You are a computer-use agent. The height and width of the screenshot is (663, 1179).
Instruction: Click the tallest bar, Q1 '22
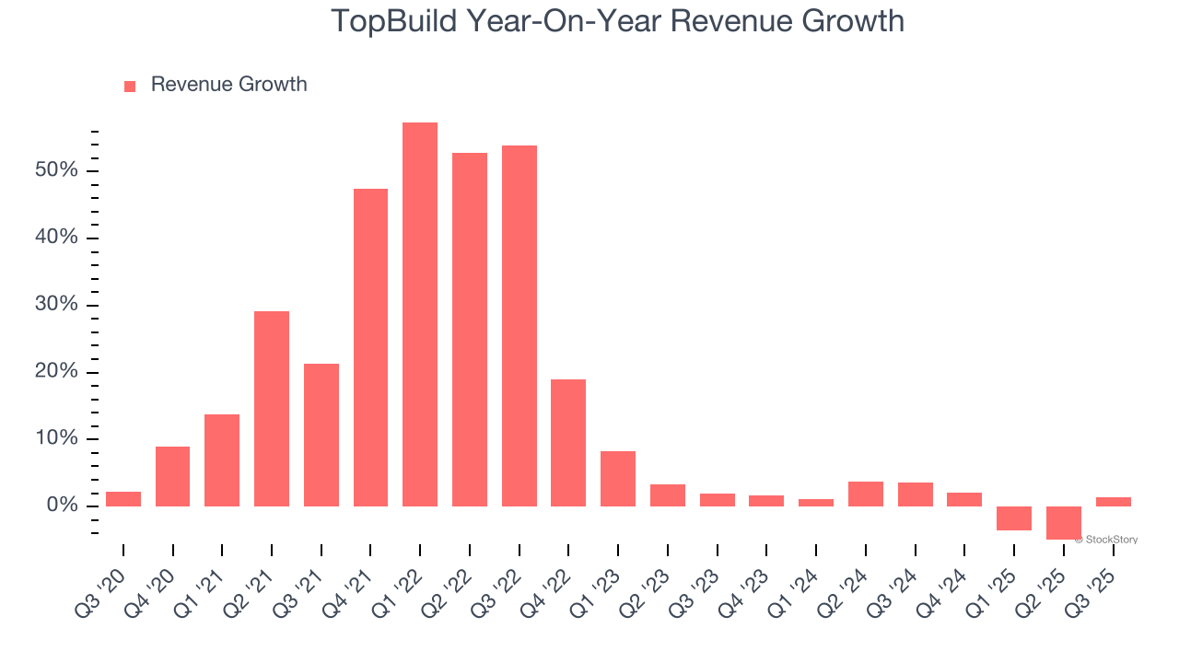tap(420, 314)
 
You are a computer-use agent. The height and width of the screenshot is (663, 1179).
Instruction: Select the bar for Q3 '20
tap(123, 498)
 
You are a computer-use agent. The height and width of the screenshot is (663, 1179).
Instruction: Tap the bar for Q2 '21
tap(272, 408)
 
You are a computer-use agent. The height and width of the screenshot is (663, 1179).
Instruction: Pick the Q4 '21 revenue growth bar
tap(370, 347)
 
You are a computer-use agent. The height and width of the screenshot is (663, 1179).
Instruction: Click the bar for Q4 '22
tap(568, 442)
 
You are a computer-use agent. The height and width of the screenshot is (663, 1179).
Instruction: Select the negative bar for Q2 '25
tap(1063, 522)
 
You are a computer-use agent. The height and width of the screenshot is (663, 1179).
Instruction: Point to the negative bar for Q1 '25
tap(1014, 518)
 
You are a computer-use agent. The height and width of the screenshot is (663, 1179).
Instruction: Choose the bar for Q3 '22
tap(519, 325)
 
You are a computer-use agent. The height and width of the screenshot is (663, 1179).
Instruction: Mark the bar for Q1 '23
tap(618, 478)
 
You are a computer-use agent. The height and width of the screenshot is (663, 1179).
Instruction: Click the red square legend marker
tap(130, 86)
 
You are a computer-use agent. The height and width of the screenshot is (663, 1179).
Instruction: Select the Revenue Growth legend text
tap(228, 85)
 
